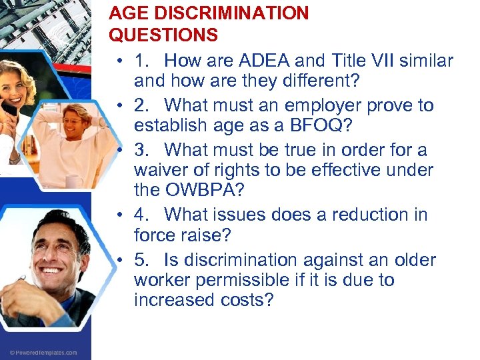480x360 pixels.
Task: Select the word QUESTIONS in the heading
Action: click(163, 35)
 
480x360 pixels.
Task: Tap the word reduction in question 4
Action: click(374, 214)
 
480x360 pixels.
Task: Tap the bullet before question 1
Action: click(117, 61)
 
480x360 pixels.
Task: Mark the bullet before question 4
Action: click(117, 215)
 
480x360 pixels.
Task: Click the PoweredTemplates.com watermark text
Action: click(43, 352)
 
